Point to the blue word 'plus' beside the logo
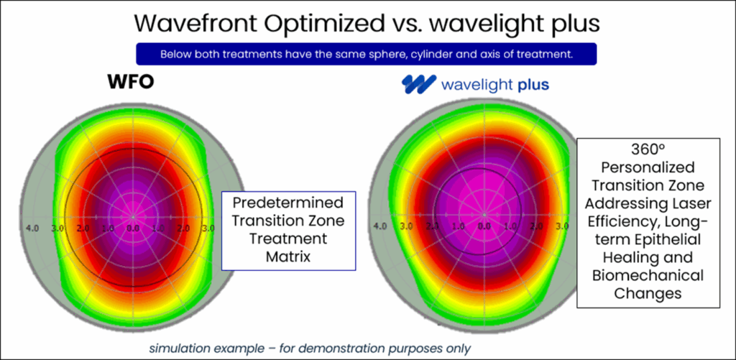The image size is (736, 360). click(533, 86)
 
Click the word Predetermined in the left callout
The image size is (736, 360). click(287, 202)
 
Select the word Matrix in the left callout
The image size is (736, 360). click(287, 254)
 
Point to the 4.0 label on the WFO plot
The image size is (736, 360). click(32, 228)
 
